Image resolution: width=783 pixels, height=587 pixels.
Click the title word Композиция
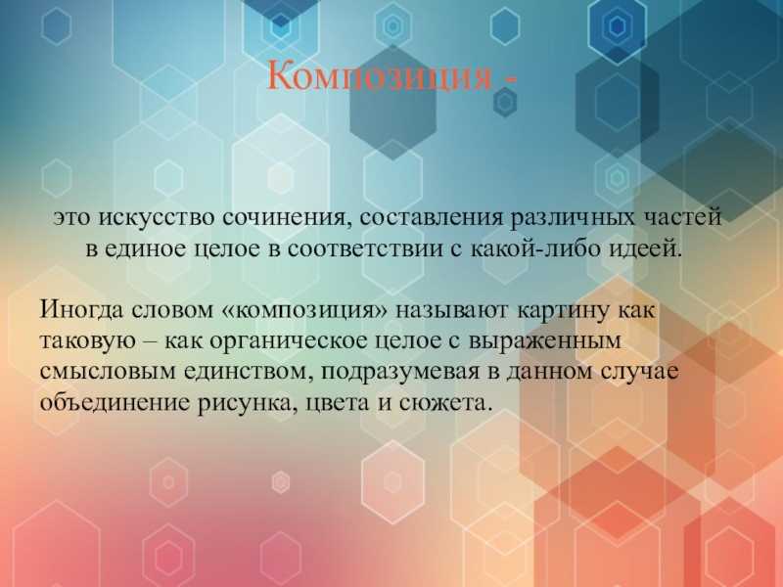tap(380, 77)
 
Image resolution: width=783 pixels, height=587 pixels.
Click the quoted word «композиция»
tap(303, 311)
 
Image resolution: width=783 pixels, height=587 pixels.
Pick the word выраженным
tap(546, 341)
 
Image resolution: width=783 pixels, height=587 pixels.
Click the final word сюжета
tap(442, 402)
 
